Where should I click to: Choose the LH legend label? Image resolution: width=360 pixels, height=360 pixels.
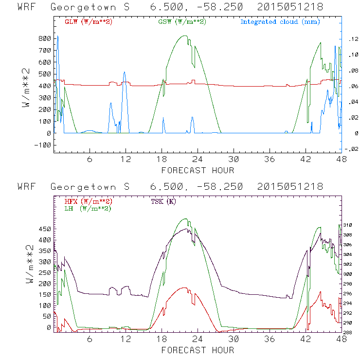(x=88, y=208)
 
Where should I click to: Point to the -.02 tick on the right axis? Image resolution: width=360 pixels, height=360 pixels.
(x=350, y=149)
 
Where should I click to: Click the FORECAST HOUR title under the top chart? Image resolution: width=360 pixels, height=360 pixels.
(x=198, y=170)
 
